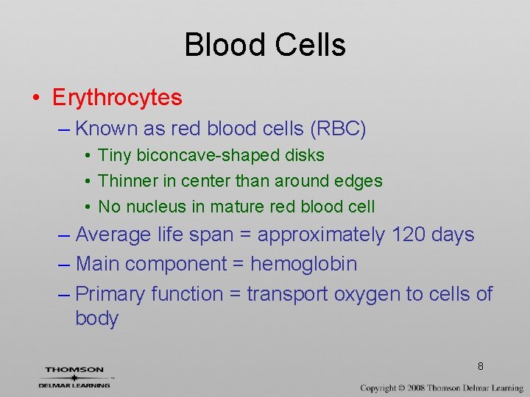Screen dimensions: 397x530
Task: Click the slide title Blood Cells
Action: [265, 45]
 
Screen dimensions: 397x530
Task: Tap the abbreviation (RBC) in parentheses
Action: [338, 129]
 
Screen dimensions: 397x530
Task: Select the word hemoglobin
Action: [303, 264]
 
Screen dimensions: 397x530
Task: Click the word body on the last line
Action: [96, 319]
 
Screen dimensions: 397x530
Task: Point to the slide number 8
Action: [480, 366]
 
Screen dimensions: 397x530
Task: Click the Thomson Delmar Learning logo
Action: [74, 376]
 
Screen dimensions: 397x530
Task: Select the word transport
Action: [288, 294]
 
